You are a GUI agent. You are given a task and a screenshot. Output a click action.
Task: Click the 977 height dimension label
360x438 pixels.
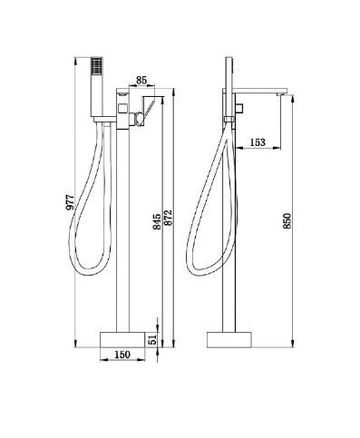[70, 202]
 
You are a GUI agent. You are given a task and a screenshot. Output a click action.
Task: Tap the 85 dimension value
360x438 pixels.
[141, 81]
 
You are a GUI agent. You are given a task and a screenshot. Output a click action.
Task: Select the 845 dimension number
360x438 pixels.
[157, 221]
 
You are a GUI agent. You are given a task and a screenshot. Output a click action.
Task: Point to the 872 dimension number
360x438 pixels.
[168, 217]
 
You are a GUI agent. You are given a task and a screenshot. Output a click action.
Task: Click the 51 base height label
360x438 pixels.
[153, 339]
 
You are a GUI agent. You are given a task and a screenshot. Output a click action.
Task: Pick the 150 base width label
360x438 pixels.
[122, 355]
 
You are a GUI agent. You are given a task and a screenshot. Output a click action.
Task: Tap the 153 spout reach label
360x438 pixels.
[258, 141]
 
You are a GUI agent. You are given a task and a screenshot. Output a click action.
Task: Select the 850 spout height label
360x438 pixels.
[287, 220]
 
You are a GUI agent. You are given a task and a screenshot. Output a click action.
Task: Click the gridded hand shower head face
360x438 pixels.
[97, 65]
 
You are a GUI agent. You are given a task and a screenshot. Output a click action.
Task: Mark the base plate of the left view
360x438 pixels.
[122, 340]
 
